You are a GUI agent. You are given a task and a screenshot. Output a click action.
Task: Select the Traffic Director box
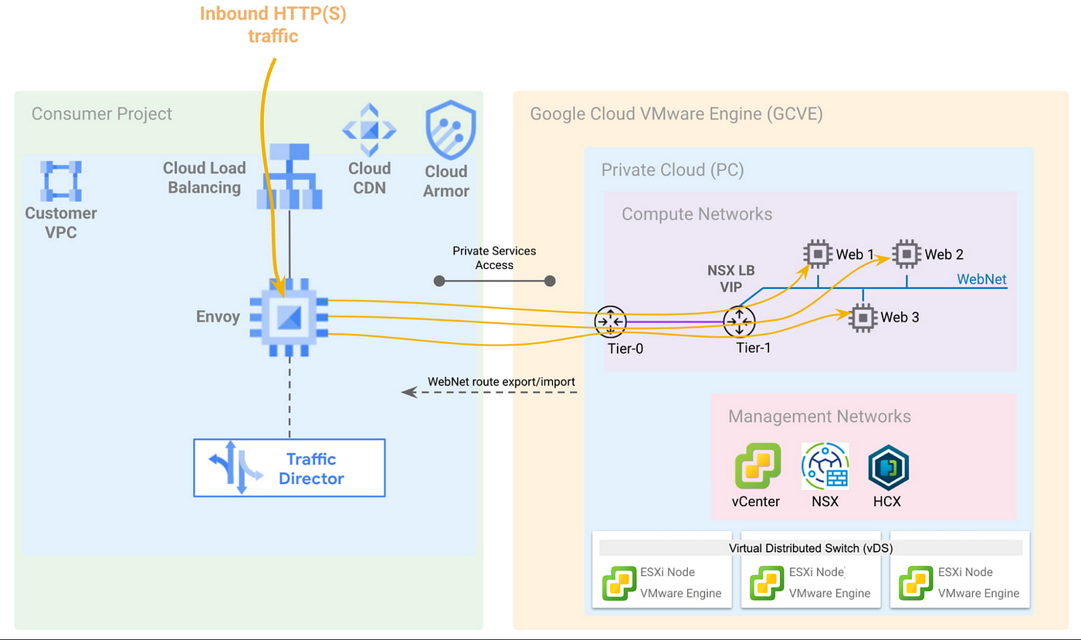(x=289, y=468)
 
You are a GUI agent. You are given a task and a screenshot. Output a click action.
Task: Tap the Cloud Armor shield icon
(x=450, y=130)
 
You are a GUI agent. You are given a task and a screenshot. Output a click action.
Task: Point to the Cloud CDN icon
(x=369, y=129)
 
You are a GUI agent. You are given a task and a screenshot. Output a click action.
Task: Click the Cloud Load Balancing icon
(x=289, y=180)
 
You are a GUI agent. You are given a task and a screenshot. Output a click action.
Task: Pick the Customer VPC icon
(x=62, y=180)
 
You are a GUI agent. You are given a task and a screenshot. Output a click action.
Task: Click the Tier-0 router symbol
(x=610, y=321)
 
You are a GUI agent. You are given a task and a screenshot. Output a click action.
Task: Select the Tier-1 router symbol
(x=739, y=321)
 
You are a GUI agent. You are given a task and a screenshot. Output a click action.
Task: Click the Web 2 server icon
(x=906, y=254)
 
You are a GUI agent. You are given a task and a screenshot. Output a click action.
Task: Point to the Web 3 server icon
(x=862, y=317)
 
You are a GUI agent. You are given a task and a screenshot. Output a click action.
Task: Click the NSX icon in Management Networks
(x=825, y=466)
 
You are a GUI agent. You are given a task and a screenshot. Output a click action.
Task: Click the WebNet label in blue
(x=981, y=279)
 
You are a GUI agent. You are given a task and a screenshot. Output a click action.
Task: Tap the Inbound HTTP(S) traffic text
(x=273, y=25)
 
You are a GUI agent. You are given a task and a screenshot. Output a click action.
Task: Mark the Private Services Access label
(x=494, y=257)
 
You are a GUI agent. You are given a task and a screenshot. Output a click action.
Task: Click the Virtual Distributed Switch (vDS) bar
(x=810, y=548)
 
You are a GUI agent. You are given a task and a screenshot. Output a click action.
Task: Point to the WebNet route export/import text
(x=501, y=381)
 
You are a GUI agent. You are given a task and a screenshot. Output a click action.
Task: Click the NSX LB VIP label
(x=731, y=279)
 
